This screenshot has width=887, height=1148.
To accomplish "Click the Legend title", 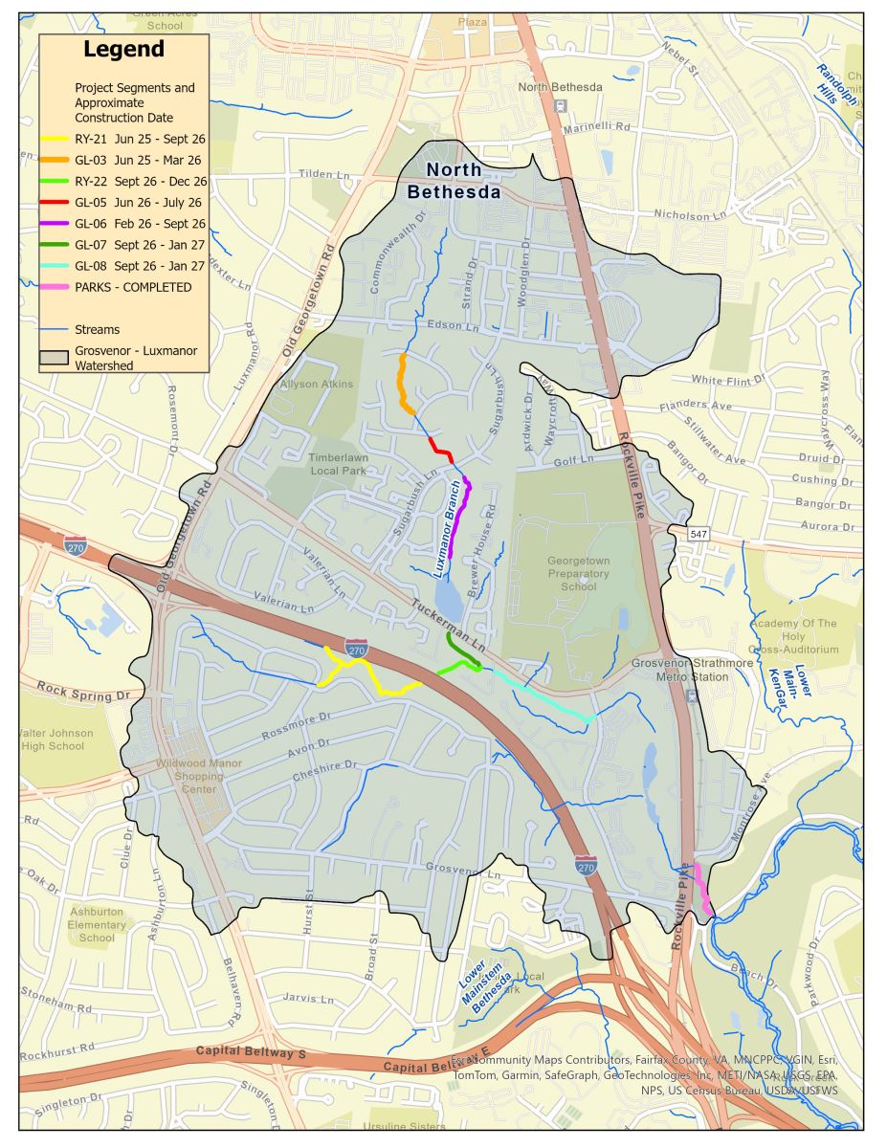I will [123, 50].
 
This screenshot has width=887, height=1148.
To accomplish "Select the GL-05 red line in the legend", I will [55, 202].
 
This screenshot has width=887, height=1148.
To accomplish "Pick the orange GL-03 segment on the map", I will [404, 383].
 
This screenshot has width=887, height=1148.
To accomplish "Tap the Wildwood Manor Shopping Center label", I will [199, 777].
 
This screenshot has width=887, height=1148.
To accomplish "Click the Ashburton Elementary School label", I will [97, 924].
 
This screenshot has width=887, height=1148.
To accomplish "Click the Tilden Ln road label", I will [325, 175].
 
